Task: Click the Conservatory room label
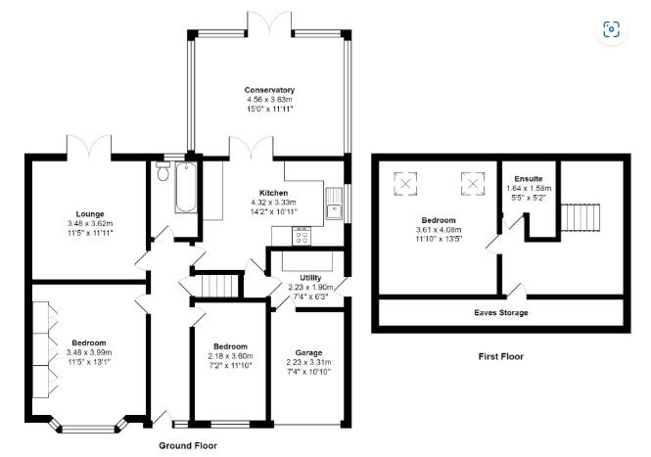[x=269, y=90]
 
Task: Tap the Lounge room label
[x=91, y=213]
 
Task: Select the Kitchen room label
[x=273, y=193]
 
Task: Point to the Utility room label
[x=312, y=278]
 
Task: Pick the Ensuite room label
[x=528, y=179]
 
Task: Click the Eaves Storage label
[x=500, y=312]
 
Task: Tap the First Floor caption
[x=502, y=357]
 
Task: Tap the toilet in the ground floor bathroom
[x=162, y=175]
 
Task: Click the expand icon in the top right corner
[x=611, y=29]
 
